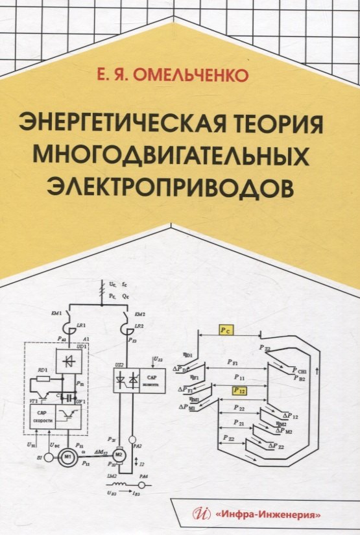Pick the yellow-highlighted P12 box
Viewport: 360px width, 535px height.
pos(239,390)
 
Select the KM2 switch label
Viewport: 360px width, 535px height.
pos(136,313)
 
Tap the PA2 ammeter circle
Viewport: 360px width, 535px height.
pos(132,440)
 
